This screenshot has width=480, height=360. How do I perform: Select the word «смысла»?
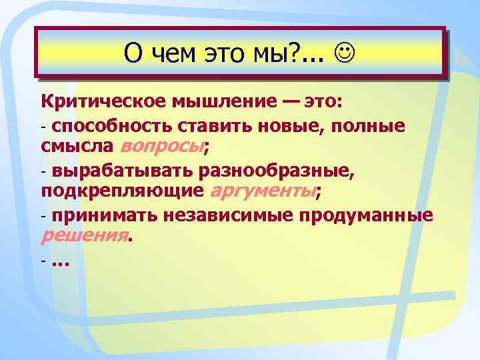77,147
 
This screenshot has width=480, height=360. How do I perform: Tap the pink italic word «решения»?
84,236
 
